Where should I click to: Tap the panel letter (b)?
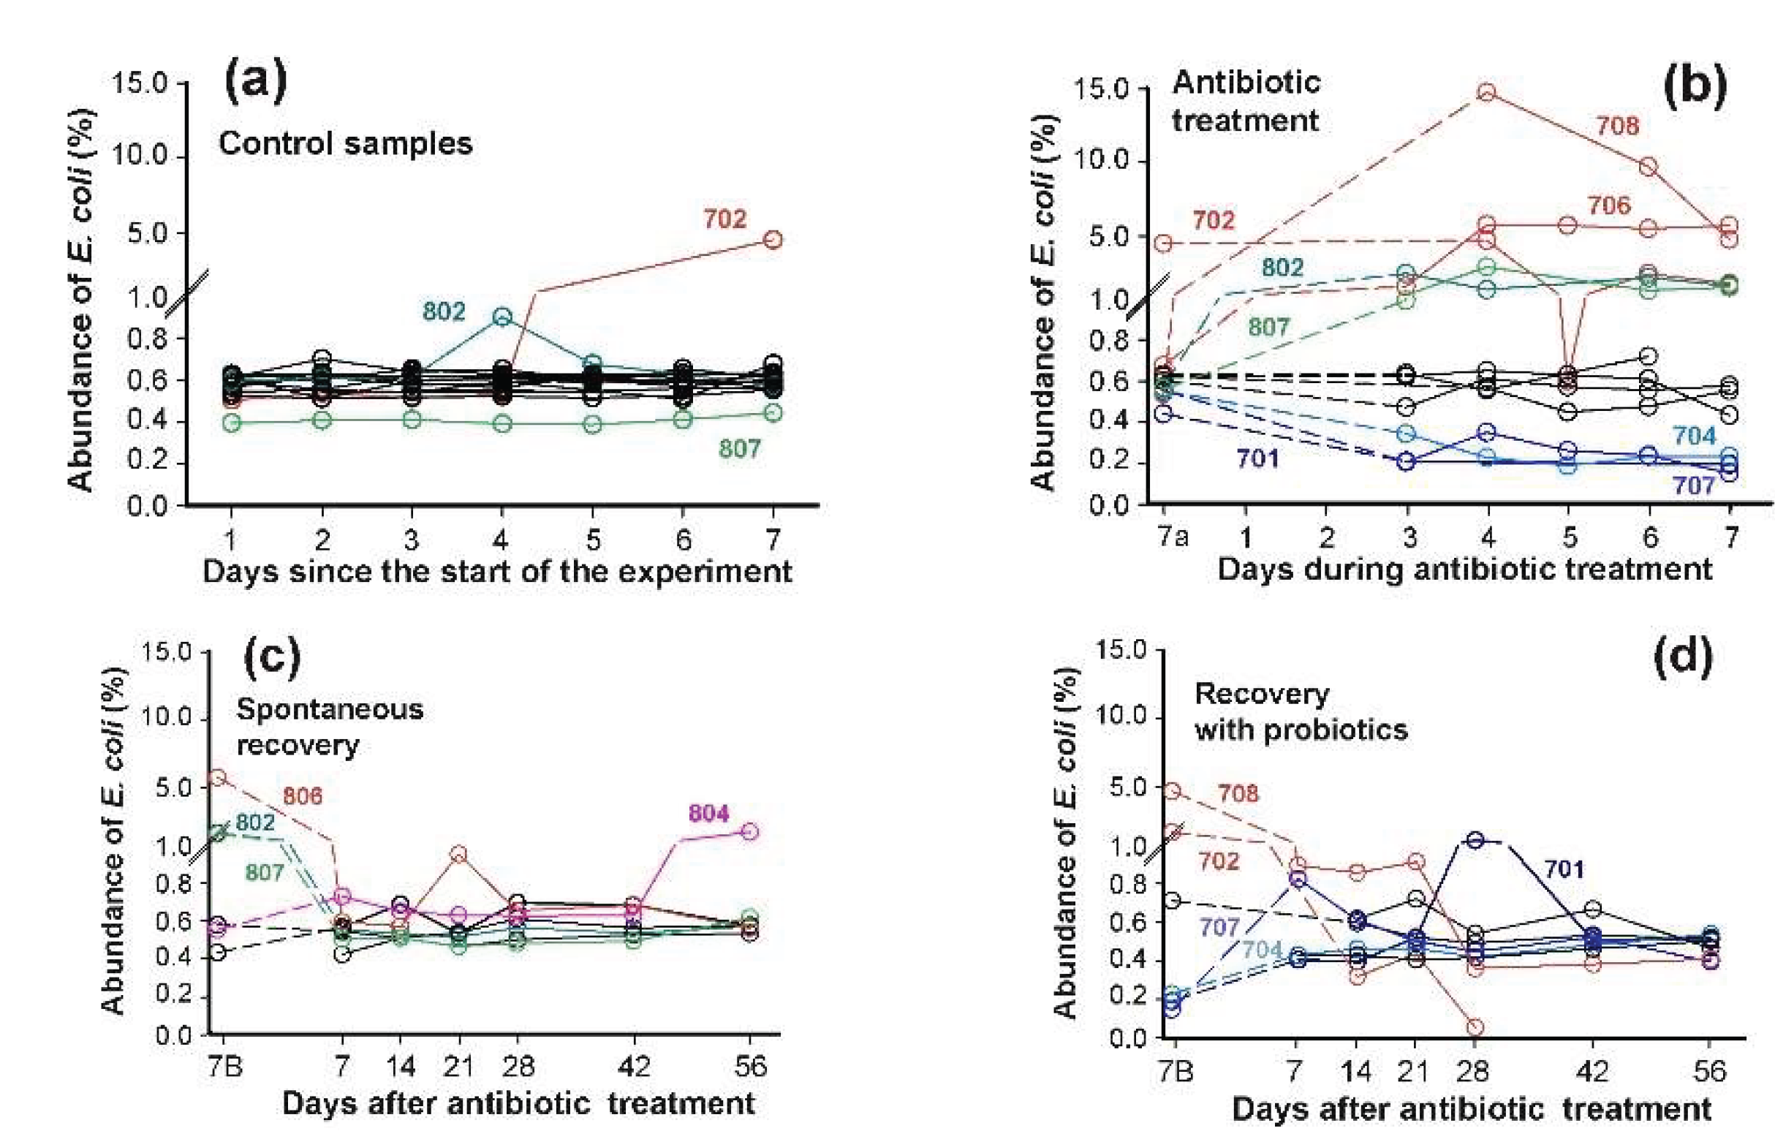[1695, 86]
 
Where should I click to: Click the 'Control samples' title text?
[346, 143]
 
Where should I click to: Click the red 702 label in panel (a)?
[724, 219]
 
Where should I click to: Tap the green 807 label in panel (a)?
[739, 448]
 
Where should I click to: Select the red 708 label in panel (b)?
[1617, 125]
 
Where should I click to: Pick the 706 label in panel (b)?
[1609, 205]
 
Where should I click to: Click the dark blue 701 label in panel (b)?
[1257, 459]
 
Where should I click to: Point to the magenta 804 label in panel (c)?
[708, 813]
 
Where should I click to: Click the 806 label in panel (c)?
[303, 795]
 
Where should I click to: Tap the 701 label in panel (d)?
[1564, 869]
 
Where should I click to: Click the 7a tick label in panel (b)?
[1171, 535]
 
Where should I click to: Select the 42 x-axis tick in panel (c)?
[633, 1066]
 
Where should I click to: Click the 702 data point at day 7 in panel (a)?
[773, 240]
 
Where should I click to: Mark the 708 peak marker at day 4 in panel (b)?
[1486, 92]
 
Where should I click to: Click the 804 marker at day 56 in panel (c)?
[749, 831]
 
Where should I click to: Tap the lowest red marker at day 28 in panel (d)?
[1474, 1027]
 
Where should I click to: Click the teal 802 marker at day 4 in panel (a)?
[502, 317]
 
